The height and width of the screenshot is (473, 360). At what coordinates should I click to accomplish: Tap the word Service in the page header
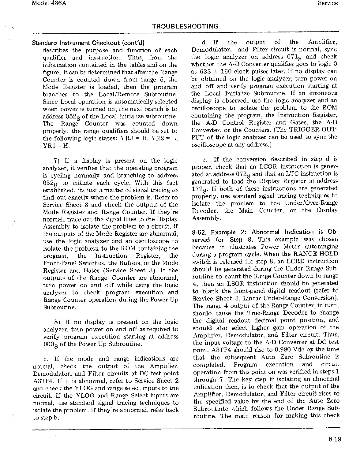(328, 3)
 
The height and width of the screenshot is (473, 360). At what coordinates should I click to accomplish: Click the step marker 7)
(56, 161)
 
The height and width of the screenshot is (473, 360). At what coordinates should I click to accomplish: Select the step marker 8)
(56, 322)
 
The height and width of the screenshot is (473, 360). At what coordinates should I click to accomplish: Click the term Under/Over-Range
(311, 203)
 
